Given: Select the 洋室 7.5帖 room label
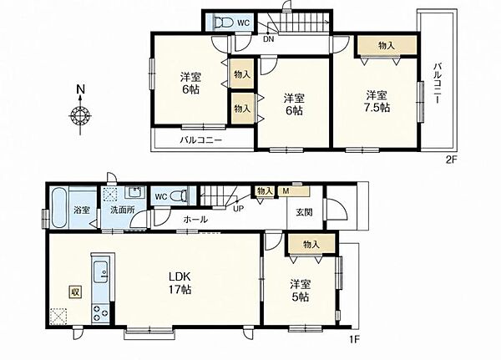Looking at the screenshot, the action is pos(377,101).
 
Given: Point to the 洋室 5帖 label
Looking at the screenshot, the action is pos(300,291).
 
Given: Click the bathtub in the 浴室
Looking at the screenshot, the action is pos(58,207).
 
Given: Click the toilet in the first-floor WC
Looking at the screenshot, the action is pos(179,196).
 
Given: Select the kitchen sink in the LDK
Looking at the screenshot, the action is pos(101,272).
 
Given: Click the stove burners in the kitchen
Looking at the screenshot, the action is pos(100,313).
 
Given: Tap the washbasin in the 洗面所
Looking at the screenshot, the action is pos(135,193).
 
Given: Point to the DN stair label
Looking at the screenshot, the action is pos(268,39).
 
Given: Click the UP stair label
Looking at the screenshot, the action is pos(238,209).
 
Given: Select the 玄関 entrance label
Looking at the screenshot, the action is pos(304,212).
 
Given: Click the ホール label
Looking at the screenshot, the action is pos(195,220).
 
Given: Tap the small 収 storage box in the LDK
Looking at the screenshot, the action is pos(75,292).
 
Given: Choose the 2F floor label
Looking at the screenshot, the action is pos(452,160).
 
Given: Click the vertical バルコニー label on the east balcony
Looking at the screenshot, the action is pos(437,84).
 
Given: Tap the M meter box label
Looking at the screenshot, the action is pos(286,191).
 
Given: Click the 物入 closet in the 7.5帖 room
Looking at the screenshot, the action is pos(387,45).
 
